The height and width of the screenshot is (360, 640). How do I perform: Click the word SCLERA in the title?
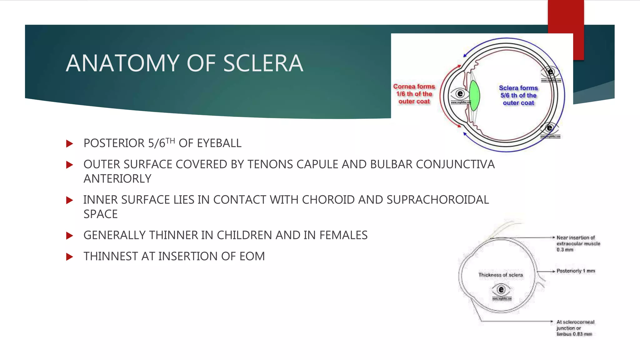click(x=263, y=63)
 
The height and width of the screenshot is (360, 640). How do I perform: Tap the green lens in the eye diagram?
click(x=474, y=96)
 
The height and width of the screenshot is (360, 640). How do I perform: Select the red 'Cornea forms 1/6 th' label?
click(x=414, y=94)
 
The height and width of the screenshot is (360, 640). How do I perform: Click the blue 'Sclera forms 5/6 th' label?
click(x=518, y=95)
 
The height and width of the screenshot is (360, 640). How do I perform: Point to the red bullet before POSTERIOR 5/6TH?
click(x=70, y=144)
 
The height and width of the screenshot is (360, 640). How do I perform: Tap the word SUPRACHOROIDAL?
click(x=437, y=200)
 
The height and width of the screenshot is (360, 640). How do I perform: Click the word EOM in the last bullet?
click(x=252, y=256)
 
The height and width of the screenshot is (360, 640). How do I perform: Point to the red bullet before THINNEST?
click(x=70, y=257)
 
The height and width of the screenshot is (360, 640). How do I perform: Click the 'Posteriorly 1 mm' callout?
click(x=576, y=271)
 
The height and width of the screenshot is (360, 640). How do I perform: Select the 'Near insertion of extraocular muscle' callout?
click(x=578, y=243)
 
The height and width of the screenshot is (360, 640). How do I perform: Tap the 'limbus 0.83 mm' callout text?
click(x=574, y=334)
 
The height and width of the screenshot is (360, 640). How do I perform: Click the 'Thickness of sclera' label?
click(x=500, y=275)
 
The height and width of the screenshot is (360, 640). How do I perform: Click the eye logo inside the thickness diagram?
click(x=501, y=290)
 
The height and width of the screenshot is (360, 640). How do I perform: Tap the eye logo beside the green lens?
click(x=460, y=94)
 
